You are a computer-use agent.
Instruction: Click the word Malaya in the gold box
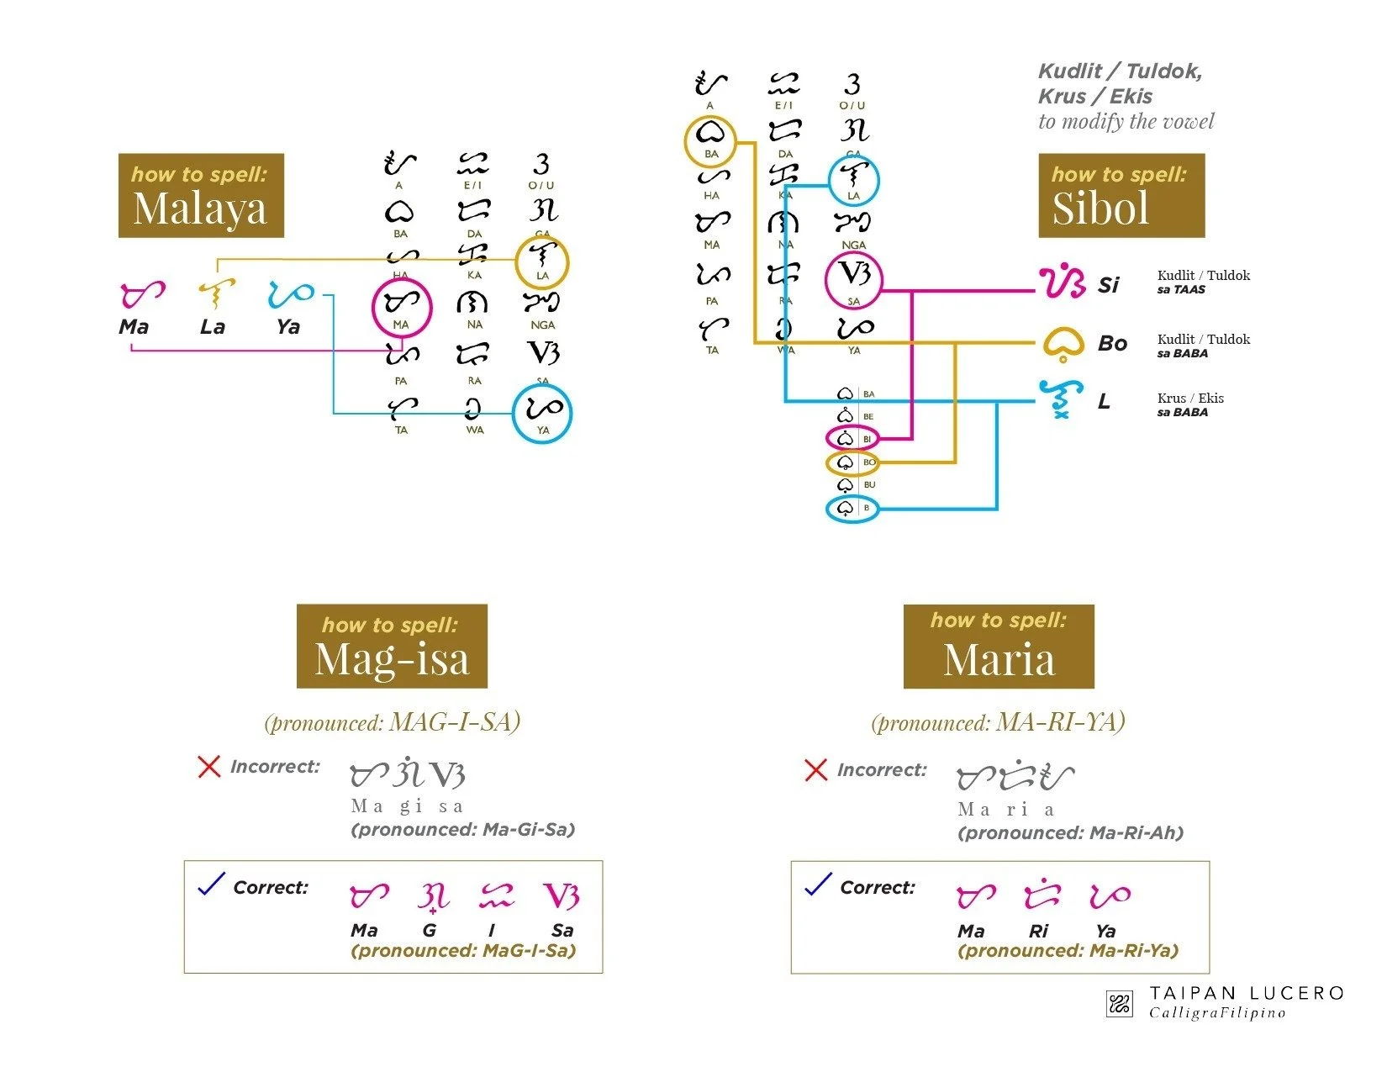200,209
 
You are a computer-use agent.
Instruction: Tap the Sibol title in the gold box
1100,209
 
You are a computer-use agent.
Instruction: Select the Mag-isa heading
392,658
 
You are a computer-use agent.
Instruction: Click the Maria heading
999,658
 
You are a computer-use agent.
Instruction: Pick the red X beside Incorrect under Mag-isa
208,767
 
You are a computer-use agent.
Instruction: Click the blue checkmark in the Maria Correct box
818,885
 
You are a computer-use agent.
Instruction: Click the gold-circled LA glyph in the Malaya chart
542,261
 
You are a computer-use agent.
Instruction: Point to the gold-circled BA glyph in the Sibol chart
710,140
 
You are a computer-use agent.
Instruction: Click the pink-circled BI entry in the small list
852,439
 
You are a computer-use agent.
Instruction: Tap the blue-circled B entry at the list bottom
852,509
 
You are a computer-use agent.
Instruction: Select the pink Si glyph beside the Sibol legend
1062,283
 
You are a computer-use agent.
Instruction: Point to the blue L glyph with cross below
1059,399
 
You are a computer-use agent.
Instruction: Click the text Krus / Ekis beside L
1190,399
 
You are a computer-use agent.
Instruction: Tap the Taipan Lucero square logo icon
1119,1003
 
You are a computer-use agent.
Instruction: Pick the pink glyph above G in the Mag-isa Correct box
432,897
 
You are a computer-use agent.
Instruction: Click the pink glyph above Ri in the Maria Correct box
1041,895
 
